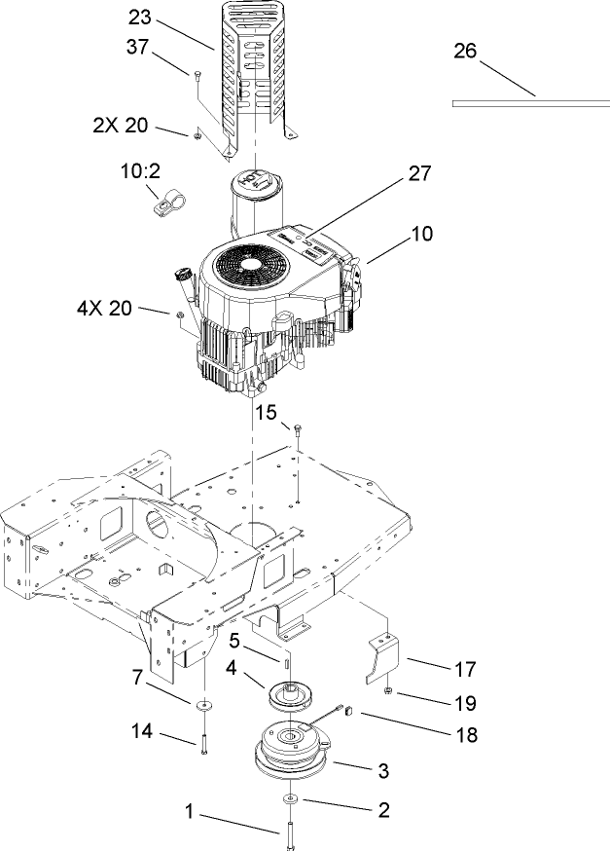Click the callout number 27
[418, 173]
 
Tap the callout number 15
[268, 413]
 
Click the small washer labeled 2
[291, 799]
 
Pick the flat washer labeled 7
[204, 703]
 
